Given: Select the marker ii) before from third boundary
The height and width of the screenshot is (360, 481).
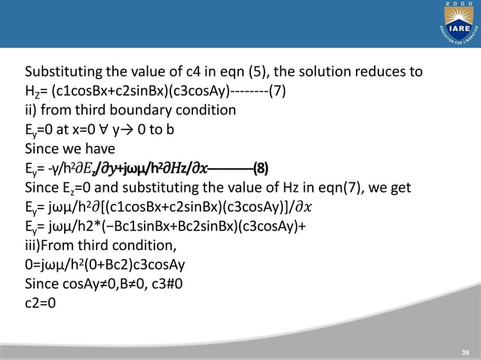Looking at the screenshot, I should (32, 110).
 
